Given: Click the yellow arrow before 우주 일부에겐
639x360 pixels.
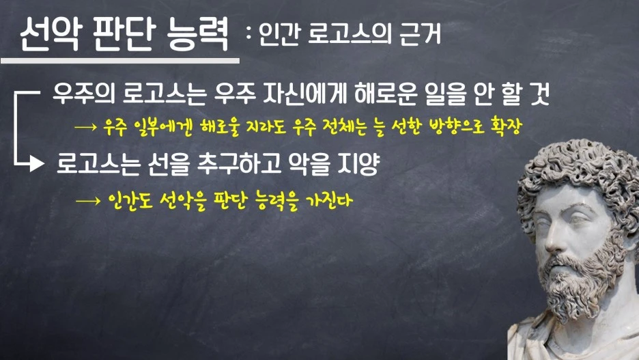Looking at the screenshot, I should [87, 128].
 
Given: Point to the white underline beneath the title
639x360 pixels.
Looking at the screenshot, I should [119, 60].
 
